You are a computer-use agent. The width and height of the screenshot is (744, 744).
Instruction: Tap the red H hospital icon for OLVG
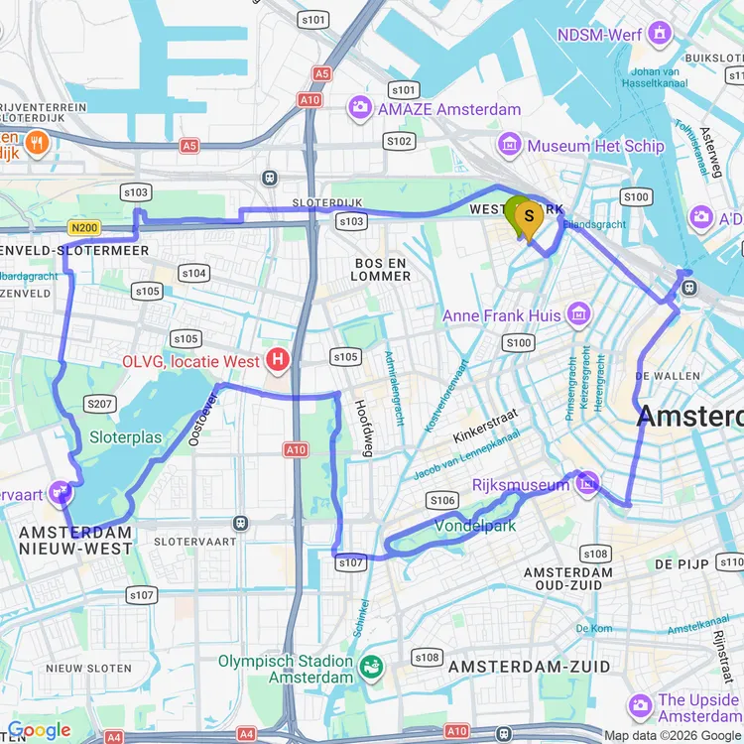click(x=279, y=360)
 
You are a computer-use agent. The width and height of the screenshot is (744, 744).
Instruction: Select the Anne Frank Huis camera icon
click(x=578, y=316)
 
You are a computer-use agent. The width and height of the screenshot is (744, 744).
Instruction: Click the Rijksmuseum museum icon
click(x=588, y=483)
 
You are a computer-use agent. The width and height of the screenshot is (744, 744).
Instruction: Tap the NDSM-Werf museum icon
click(x=659, y=35)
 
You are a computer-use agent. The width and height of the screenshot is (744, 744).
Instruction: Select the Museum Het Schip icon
click(x=510, y=146)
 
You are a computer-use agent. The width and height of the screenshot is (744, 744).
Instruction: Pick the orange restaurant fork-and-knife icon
click(x=38, y=142)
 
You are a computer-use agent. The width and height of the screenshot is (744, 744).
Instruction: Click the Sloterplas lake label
click(x=125, y=436)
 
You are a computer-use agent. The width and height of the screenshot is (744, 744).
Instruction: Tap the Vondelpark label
click(x=475, y=526)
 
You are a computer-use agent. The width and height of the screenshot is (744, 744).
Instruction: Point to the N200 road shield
click(x=84, y=228)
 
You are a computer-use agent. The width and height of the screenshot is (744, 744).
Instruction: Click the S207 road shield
click(x=99, y=403)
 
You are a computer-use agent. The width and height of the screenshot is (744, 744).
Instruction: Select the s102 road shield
click(x=399, y=141)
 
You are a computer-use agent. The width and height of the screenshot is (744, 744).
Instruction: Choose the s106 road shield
click(x=441, y=500)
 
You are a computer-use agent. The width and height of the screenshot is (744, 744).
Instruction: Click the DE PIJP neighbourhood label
click(x=681, y=563)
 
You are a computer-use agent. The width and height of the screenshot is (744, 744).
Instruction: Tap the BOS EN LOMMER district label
click(x=382, y=269)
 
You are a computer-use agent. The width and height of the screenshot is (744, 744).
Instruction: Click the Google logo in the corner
click(x=40, y=731)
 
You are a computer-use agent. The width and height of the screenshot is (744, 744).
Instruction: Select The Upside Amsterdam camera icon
click(x=641, y=706)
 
